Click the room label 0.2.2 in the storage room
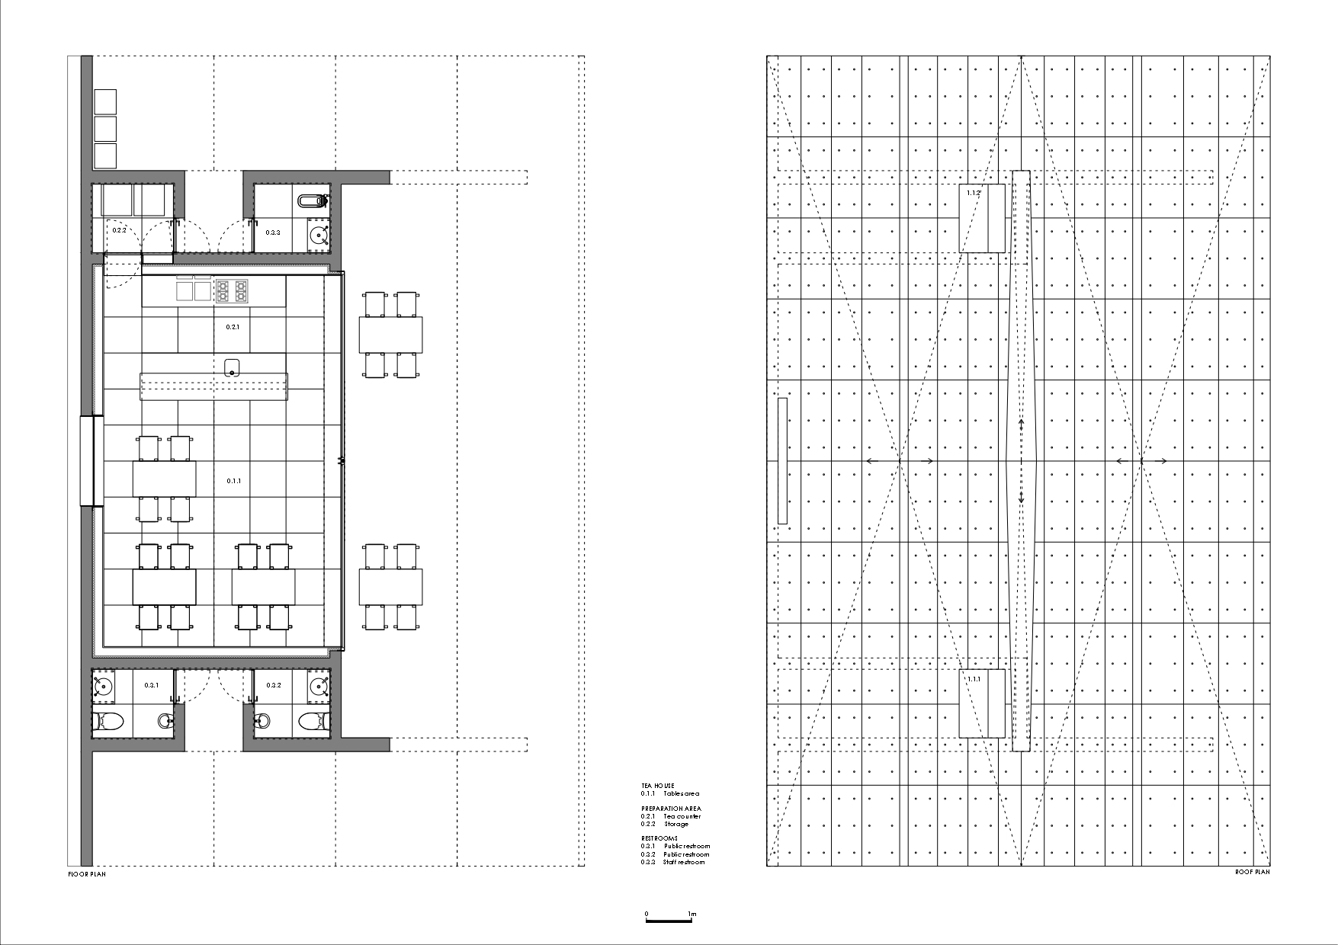point(120,229)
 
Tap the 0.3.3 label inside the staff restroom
point(273,232)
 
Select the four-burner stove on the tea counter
point(233,291)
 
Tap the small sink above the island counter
point(232,366)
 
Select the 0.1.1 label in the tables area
point(234,481)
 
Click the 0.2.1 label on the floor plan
point(233,326)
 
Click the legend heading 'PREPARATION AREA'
point(671,808)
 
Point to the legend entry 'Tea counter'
point(682,816)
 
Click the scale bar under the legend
point(669,921)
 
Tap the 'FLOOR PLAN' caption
point(87,874)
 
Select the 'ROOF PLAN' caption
point(1252,872)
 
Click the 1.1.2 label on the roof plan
point(973,194)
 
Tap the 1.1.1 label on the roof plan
point(974,679)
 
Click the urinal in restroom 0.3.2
point(262,719)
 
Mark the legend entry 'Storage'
point(675,824)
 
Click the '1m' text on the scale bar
point(691,914)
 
